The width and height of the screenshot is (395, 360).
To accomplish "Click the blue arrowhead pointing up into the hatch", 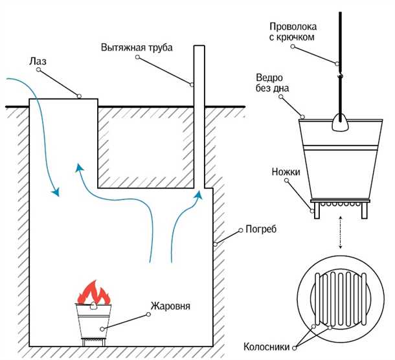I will click(80, 168).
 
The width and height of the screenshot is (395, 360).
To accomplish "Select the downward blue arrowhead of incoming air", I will click(56, 192).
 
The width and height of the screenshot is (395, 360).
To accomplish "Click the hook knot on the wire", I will click(339, 76).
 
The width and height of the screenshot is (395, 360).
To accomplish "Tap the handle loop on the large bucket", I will click(339, 120).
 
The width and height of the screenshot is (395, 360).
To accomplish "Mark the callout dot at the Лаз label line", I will click(79, 96).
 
